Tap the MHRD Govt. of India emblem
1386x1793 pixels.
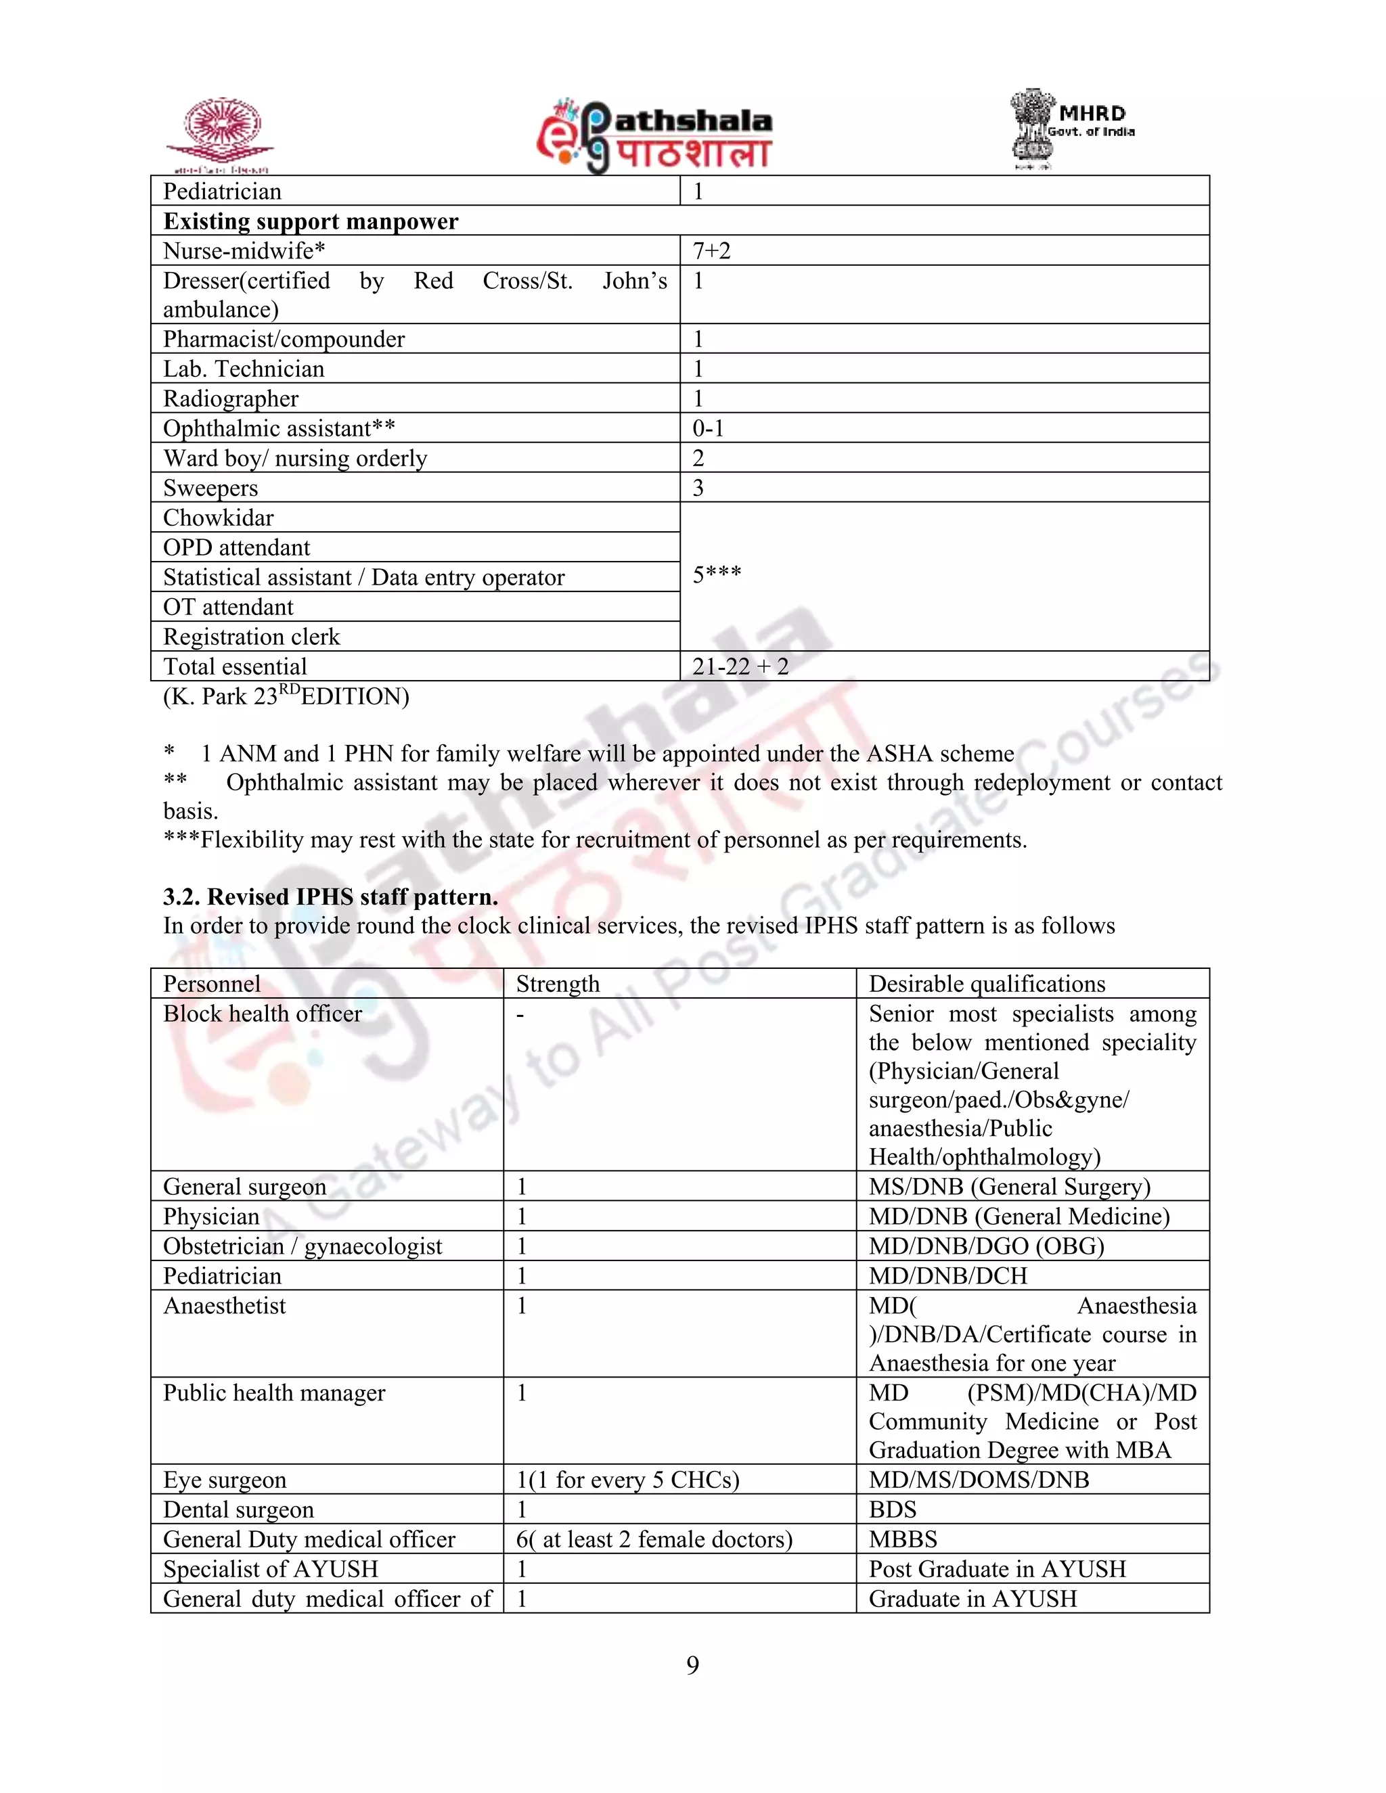point(1070,129)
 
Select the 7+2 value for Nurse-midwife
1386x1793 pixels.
point(711,250)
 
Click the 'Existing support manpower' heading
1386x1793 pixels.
point(311,221)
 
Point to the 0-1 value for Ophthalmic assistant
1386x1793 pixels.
point(708,428)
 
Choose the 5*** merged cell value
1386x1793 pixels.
point(717,574)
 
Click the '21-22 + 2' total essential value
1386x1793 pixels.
point(740,666)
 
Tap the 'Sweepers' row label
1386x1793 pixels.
point(210,488)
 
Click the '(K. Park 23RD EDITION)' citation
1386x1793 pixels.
point(286,696)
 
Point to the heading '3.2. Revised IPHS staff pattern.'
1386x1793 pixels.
point(330,896)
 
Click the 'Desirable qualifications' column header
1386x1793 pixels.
point(987,984)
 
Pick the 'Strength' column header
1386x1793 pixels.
point(558,984)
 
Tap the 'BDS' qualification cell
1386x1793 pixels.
point(893,1509)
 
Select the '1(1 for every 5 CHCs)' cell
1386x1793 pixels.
point(627,1479)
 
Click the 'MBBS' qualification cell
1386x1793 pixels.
point(903,1539)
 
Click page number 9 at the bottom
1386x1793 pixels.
point(692,1665)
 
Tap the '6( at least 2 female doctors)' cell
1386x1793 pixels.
point(654,1539)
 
